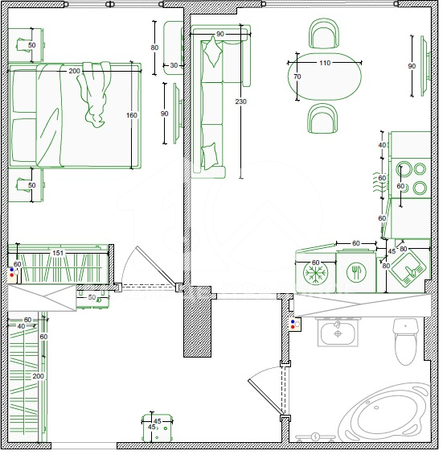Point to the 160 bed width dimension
coord(133,116)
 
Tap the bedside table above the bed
coord(26,46)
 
